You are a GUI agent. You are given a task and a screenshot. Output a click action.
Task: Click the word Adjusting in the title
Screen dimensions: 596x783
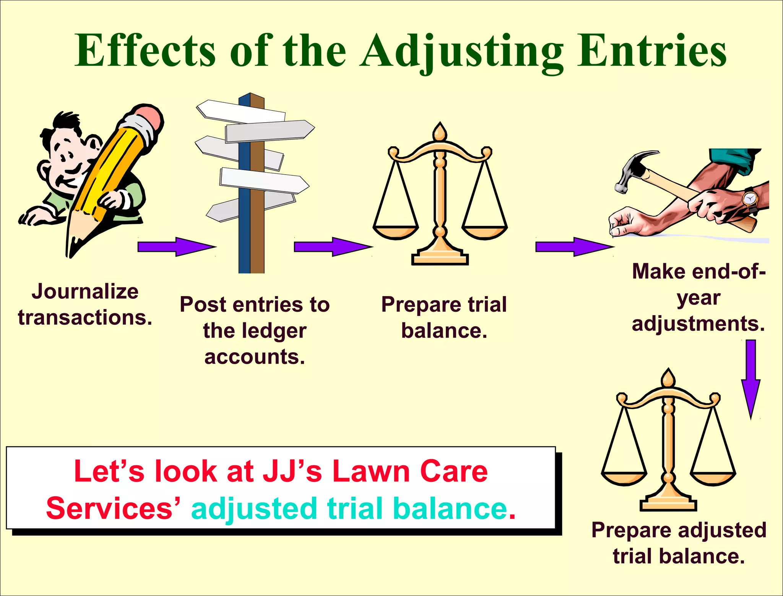(461, 52)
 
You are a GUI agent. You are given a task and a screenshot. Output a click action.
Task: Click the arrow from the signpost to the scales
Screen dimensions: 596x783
(333, 247)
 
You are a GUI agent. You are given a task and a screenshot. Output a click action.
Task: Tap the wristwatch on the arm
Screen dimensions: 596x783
(750, 199)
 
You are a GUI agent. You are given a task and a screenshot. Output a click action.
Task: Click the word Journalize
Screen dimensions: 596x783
(85, 292)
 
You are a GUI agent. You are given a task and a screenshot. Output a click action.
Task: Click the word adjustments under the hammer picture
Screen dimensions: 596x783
(698, 324)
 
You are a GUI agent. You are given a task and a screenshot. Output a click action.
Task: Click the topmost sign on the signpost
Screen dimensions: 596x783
(241, 110)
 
